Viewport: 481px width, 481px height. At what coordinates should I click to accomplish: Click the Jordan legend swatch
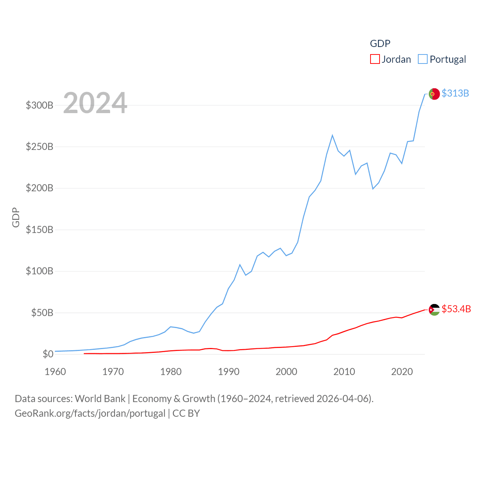tap(375, 59)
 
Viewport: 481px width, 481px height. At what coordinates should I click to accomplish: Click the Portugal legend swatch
tap(423, 59)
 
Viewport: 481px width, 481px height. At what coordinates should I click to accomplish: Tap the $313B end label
tap(455, 93)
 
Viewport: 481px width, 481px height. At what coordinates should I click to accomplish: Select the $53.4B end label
tap(456, 309)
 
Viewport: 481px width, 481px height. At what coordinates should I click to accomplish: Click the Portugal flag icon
tap(434, 94)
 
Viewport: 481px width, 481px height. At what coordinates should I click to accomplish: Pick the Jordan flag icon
tap(434, 310)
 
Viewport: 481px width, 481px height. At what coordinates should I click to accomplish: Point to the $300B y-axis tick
tap(39, 105)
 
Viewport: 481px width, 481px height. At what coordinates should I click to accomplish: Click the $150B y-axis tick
tap(39, 230)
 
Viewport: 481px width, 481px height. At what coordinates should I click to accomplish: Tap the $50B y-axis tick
tap(42, 313)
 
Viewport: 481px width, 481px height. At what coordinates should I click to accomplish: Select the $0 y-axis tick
tap(48, 354)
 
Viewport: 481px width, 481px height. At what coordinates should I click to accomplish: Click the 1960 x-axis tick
tap(55, 372)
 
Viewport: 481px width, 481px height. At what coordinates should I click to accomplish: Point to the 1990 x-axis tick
tap(228, 372)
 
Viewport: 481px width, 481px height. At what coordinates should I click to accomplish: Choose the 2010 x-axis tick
tap(344, 372)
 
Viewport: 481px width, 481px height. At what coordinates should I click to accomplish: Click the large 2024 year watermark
tap(95, 103)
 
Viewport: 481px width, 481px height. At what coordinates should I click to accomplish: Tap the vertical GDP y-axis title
tap(16, 217)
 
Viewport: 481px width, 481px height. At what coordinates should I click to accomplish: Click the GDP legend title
tap(380, 44)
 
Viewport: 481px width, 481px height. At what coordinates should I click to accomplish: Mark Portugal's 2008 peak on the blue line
tap(333, 135)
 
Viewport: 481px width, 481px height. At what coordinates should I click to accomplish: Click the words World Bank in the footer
tap(100, 398)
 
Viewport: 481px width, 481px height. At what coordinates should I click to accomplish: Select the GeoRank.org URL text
tap(90, 413)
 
